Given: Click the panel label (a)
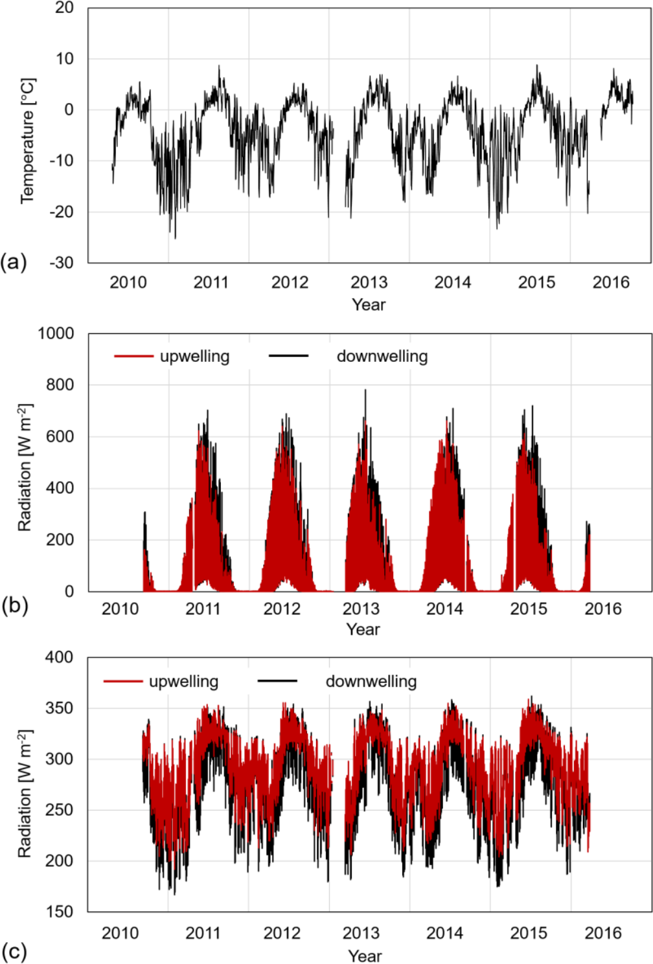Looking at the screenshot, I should coord(14,262).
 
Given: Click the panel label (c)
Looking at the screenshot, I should coord(14,952).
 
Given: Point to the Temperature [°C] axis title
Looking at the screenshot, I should coord(28,141).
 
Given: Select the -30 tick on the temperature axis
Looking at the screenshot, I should coord(62,263).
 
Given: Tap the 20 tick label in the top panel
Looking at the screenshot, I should coord(65,8).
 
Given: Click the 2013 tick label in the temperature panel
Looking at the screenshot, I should coord(369,282).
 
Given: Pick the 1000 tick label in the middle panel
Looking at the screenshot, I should coord(56,333).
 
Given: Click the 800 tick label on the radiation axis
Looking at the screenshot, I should coord(60,385).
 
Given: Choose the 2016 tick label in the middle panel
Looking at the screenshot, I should coord(603,609).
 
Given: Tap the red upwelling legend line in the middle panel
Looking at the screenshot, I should coord(133,356).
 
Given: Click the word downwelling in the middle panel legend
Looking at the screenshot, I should coord(382,356).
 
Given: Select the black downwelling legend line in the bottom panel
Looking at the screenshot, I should coord(277,681).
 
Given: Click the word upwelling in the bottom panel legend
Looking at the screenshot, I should coord(183,681).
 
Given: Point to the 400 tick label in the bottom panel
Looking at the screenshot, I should coord(60,657).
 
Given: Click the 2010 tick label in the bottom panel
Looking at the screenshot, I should coord(120,933).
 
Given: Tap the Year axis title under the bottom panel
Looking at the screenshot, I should coord(365,956).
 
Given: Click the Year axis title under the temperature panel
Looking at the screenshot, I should coord(369,304).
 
